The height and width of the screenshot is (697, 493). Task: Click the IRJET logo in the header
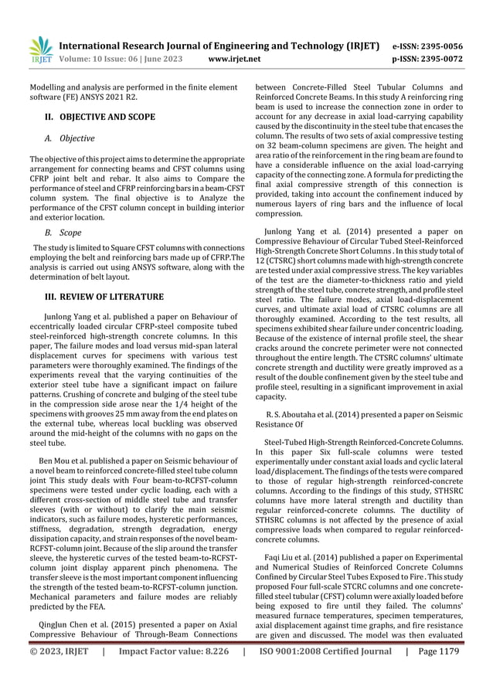pyautogui.click(x=39, y=49)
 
